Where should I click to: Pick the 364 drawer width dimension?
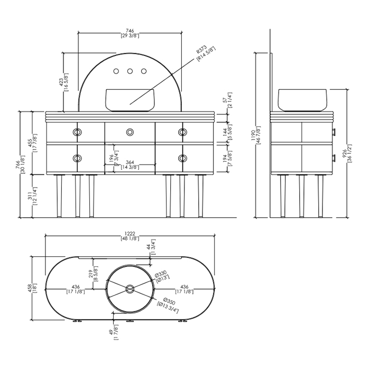129,165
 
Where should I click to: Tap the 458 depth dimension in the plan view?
36,288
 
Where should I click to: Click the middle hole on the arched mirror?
129,71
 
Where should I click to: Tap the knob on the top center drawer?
129,131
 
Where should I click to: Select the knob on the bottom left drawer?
77,158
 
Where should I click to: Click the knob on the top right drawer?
183,131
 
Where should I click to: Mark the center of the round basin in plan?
129,288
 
